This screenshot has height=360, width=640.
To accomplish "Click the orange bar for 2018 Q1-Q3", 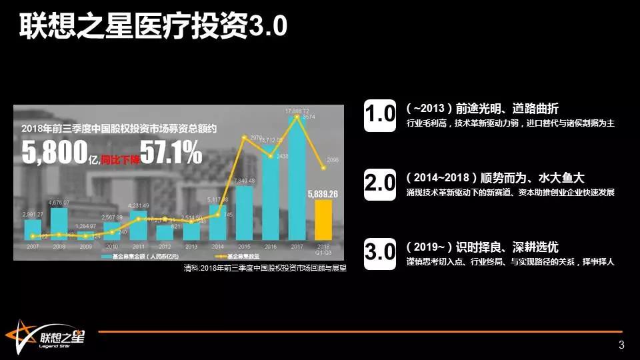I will (323, 219).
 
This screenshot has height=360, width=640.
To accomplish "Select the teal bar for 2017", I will (297, 180).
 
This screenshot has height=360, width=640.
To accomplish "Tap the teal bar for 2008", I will (59, 224).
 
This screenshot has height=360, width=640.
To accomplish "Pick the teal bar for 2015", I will (245, 213).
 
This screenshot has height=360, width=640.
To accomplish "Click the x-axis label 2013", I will (192, 246).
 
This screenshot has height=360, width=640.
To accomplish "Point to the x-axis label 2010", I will (112, 246).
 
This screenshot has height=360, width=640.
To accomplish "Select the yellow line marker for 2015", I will (245, 137).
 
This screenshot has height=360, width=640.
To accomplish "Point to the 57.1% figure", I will (170, 153).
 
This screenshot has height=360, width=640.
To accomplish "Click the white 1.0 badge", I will (381, 115).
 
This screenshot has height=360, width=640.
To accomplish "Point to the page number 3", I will (621, 345).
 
